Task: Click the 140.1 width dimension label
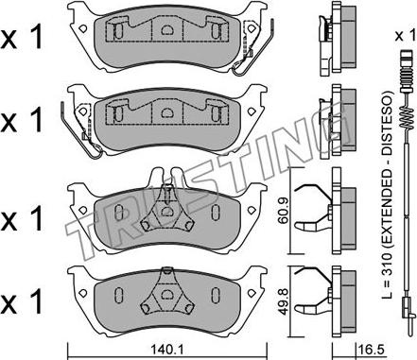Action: [167, 349]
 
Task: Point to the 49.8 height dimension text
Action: [283, 302]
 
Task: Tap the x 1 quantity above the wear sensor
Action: [405, 36]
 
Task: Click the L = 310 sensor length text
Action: [387, 197]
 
